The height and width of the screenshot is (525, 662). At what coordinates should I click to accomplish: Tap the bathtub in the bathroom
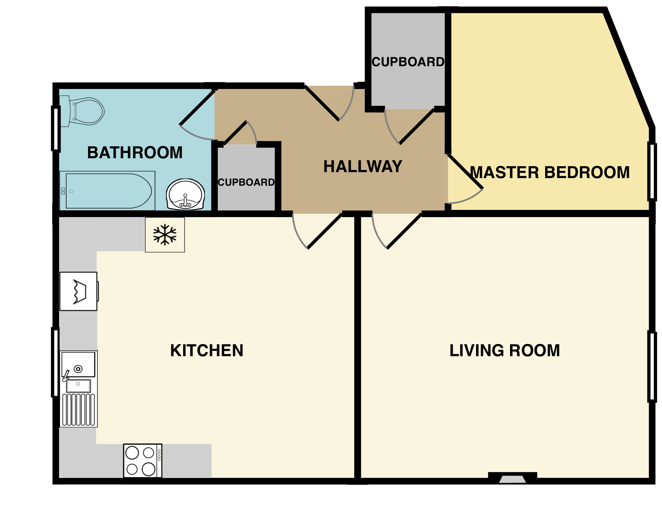(108, 191)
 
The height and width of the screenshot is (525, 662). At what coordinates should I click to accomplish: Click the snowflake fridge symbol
(165, 235)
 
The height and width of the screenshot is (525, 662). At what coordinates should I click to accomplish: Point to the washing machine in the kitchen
(78, 291)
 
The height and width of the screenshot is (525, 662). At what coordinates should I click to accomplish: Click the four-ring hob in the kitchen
(143, 460)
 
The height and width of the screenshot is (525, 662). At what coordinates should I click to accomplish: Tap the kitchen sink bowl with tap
(78, 364)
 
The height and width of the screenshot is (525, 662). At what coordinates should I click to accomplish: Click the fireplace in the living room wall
(512, 479)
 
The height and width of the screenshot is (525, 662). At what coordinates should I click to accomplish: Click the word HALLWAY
(363, 167)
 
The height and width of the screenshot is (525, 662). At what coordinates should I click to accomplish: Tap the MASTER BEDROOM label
(549, 172)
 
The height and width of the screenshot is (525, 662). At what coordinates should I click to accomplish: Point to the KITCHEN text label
(207, 351)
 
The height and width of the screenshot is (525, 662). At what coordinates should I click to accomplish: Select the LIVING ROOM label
(504, 351)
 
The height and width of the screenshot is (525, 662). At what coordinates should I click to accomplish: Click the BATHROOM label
(135, 153)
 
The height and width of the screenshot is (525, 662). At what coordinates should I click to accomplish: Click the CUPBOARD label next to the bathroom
(246, 182)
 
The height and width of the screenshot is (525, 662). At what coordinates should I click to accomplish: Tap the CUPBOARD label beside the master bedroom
(408, 62)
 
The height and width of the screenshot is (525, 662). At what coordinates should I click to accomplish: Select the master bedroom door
(465, 172)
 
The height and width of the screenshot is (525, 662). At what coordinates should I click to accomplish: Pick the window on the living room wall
(652, 367)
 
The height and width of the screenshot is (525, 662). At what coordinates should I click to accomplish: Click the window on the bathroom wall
(55, 128)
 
